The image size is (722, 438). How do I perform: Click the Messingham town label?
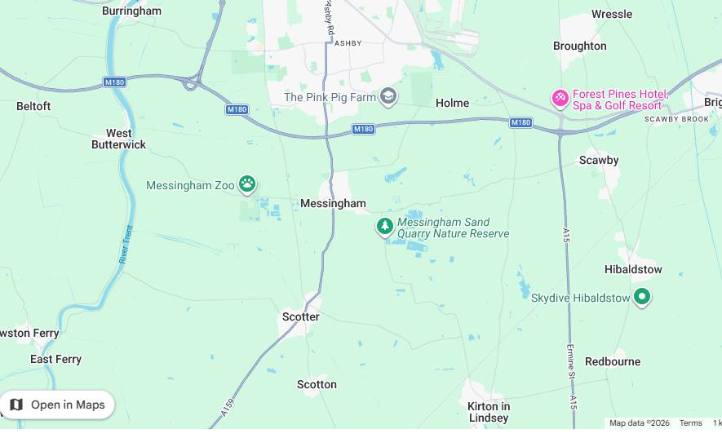click(x=333, y=203)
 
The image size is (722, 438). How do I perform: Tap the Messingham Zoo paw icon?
click(x=247, y=184)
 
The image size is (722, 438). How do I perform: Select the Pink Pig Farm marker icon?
click(x=388, y=96)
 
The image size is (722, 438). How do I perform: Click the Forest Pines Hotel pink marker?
click(x=560, y=99)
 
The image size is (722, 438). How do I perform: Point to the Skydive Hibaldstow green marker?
click(x=642, y=297)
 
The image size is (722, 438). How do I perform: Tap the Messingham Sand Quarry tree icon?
click(x=385, y=226)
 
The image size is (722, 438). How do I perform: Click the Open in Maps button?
click(x=57, y=405)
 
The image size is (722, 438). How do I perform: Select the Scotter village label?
click(x=301, y=316)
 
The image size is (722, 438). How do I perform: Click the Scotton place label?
click(x=317, y=384)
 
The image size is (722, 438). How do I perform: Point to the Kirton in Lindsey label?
click(x=489, y=412)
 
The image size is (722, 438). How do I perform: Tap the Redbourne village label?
click(x=613, y=361)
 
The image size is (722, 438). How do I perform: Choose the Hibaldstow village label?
click(x=633, y=269)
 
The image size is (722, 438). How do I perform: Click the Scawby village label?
click(x=599, y=160)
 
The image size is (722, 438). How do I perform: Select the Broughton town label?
click(x=579, y=46)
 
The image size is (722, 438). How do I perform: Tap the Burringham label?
click(x=131, y=11)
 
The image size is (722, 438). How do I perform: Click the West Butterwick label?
click(x=119, y=139)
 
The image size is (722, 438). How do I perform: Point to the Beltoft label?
click(x=33, y=106)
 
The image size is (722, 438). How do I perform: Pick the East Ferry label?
click(x=56, y=359)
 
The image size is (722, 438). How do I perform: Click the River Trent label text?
click(x=126, y=245)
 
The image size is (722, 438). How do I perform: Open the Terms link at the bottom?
click(x=690, y=423)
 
